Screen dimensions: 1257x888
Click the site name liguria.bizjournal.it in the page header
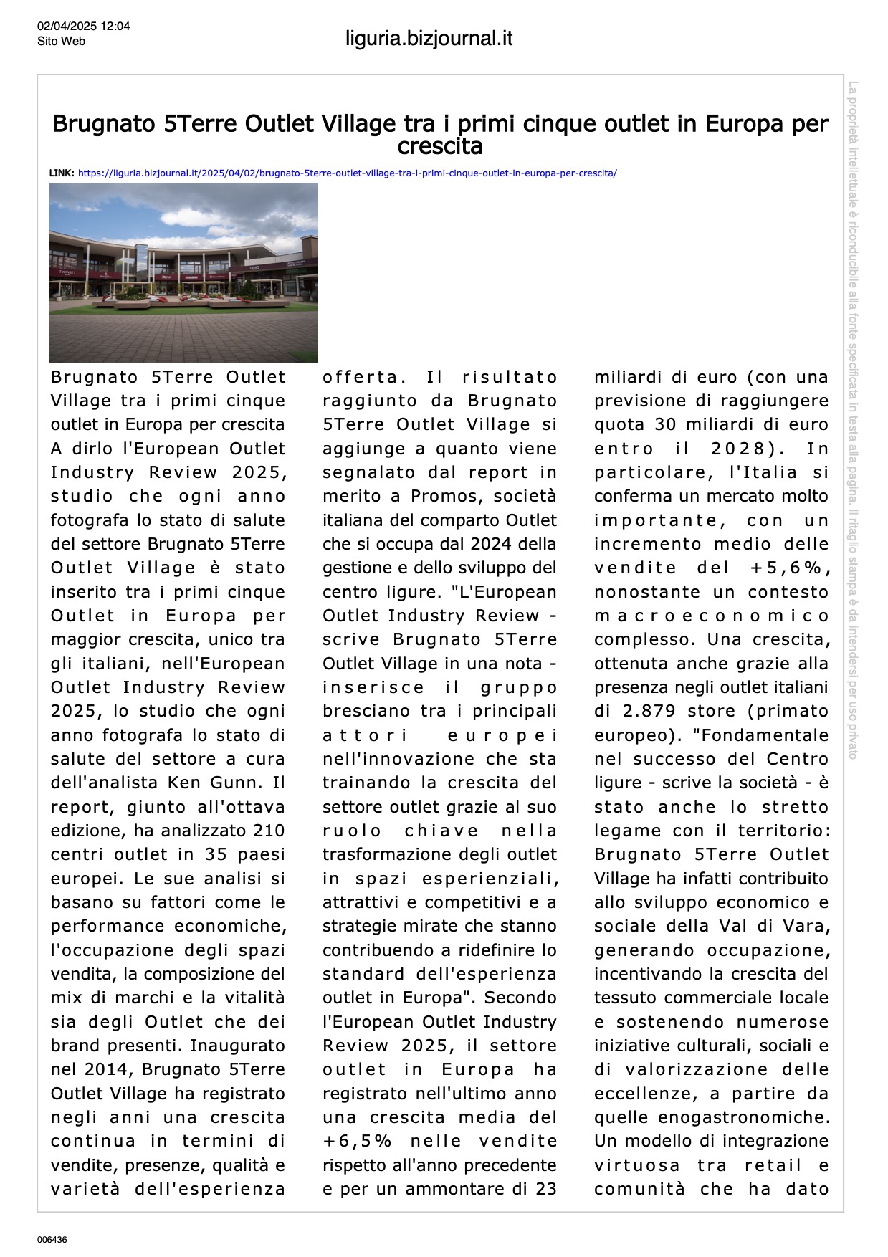[x=429, y=39]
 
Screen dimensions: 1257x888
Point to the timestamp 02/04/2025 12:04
[x=84, y=27]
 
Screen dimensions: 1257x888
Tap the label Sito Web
[x=61, y=42]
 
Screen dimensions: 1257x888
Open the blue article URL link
[x=347, y=173]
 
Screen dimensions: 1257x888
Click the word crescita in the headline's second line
[x=440, y=147]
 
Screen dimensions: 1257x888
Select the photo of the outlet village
[x=183, y=272]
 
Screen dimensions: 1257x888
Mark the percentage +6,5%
[x=357, y=1141]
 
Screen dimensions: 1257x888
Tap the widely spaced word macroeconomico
[x=711, y=616]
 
